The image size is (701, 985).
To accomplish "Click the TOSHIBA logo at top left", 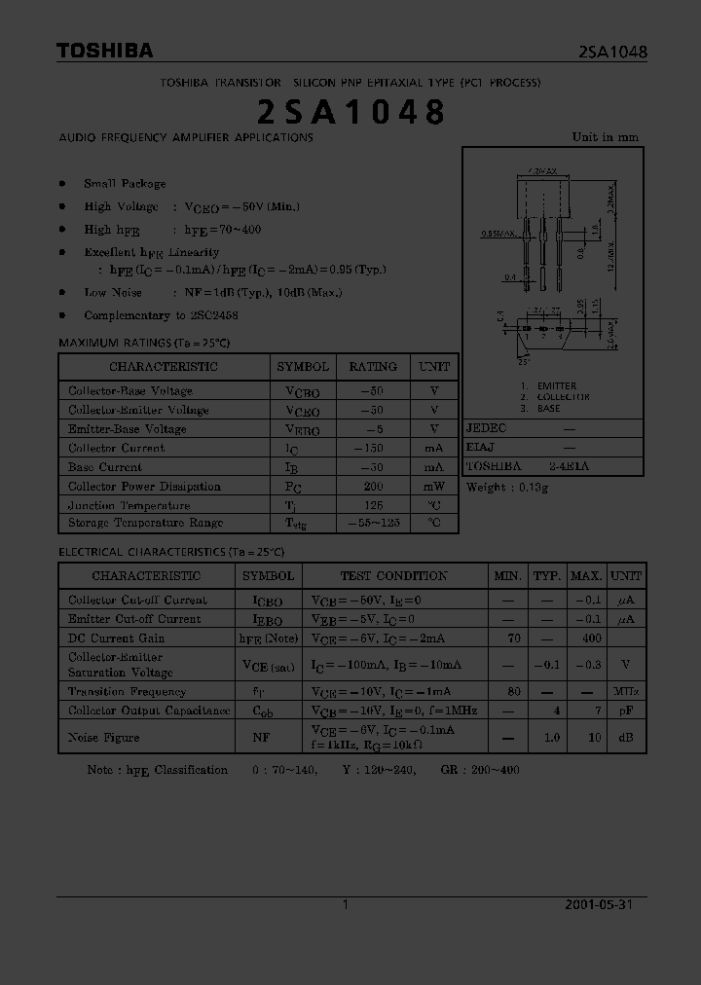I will coord(104,51).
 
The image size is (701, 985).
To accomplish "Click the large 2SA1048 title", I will coord(350,112).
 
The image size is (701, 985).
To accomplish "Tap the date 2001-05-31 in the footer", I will coord(598,904).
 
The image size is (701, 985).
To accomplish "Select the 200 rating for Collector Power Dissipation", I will coord(372,486).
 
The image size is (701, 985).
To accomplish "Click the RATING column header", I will coord(372,366).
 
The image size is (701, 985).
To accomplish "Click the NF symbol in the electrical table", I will coord(261,738).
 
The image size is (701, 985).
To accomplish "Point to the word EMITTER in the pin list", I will coord(555,386).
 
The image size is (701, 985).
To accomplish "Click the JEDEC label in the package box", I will coord(486,428).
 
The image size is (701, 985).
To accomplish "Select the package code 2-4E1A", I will coord(569,466).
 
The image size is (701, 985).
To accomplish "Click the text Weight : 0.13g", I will coord(507,487).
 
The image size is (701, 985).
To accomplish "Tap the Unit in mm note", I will coord(605,137).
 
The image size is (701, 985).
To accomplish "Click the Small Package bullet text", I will coord(125,183).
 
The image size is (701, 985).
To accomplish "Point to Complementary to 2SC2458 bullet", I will coord(161,315).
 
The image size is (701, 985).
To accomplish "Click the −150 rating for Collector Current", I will coord(372,448).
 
